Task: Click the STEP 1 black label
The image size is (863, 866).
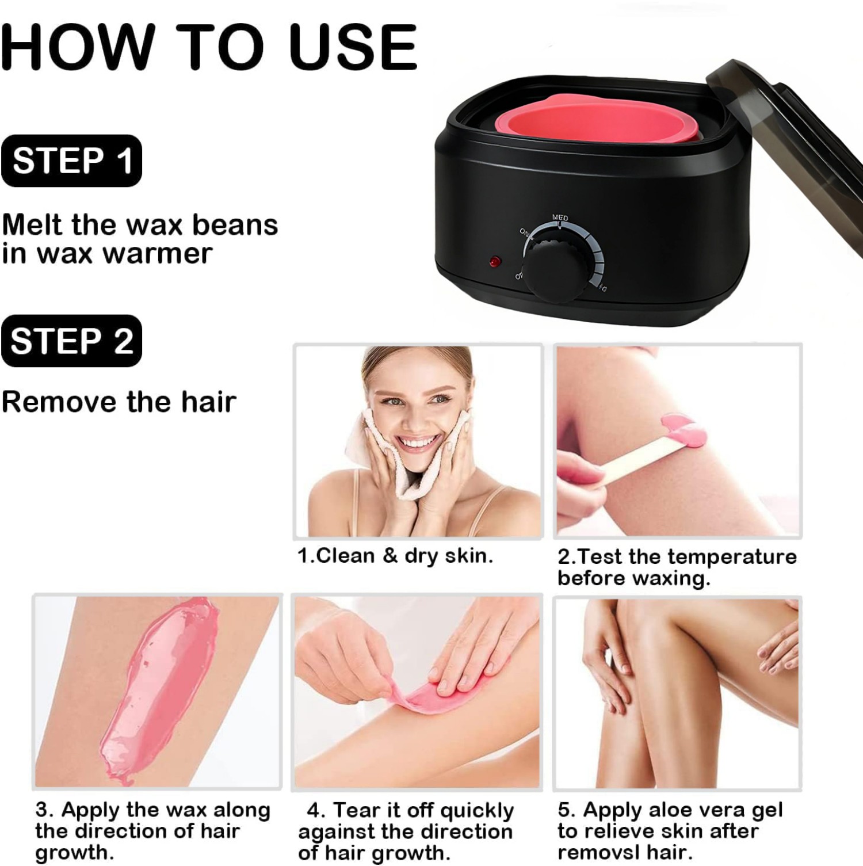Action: click(71, 161)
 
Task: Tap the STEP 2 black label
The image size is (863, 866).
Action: click(71, 341)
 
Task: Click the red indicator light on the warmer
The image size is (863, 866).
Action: click(495, 262)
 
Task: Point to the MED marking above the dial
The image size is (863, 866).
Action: click(560, 218)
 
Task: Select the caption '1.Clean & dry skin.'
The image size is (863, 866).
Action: click(395, 556)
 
